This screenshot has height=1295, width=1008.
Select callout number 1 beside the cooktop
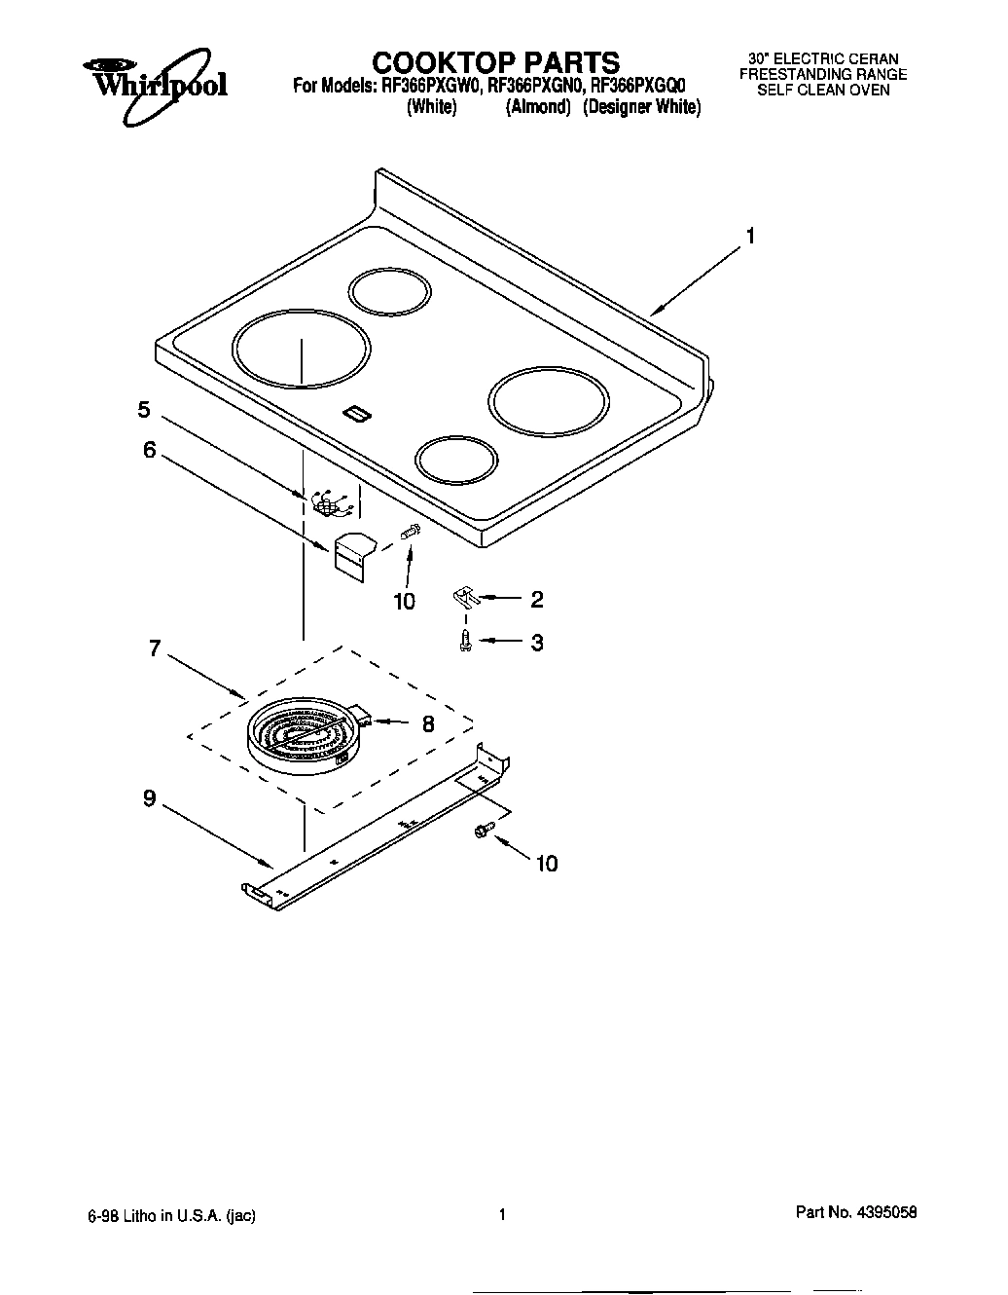click(750, 237)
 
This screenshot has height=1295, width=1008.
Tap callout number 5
click(144, 410)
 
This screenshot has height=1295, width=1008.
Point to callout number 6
click(150, 451)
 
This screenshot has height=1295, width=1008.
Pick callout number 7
click(155, 648)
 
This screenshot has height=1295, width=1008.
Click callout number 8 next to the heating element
click(427, 723)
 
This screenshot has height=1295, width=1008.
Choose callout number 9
click(149, 798)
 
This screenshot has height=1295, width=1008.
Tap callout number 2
click(536, 600)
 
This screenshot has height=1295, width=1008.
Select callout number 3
click(536, 643)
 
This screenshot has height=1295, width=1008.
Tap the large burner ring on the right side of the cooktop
click(550, 402)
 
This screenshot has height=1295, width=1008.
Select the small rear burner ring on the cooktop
click(389, 292)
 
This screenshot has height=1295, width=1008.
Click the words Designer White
click(641, 108)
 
